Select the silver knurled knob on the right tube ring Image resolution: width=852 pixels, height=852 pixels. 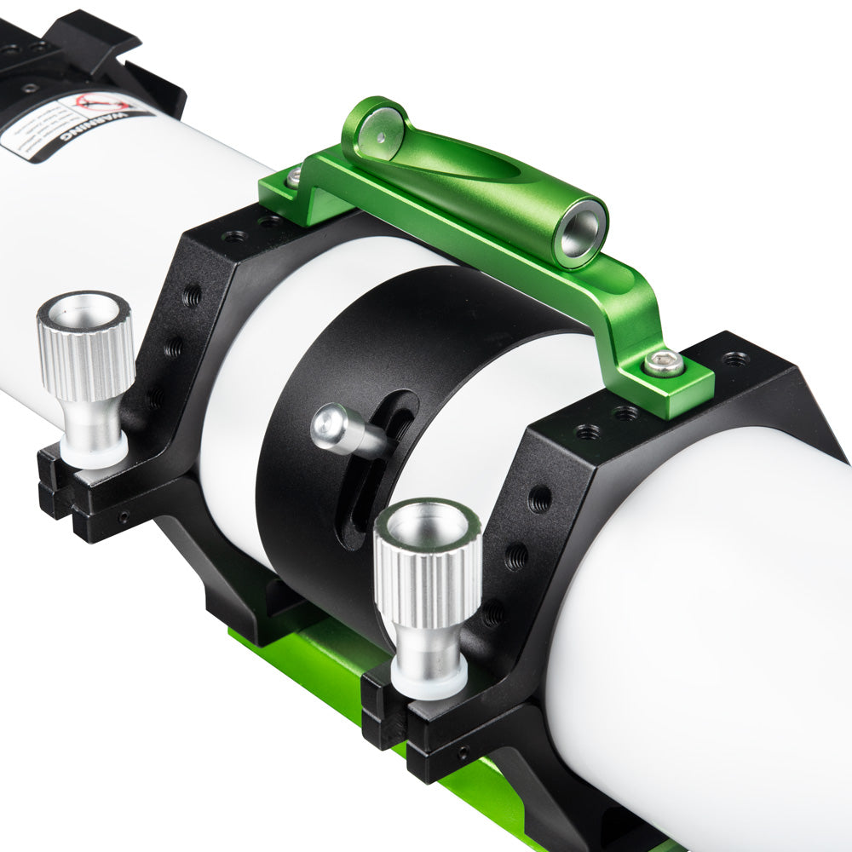point(428,562)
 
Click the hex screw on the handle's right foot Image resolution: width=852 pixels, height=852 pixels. point(664,364)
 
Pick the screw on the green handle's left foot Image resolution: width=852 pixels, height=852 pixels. point(294,178)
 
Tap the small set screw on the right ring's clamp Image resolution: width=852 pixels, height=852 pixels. point(462,751)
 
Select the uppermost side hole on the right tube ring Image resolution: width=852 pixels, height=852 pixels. point(539,499)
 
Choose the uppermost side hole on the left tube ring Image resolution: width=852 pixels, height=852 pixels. point(193,296)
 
